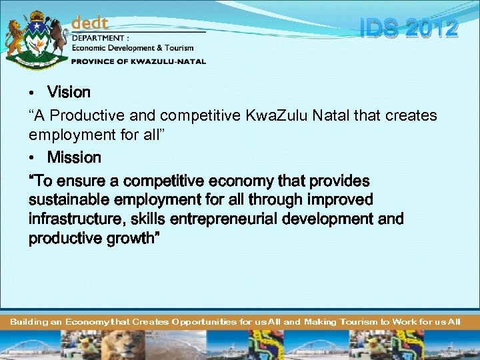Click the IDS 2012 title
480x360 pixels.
pyautogui.click(x=409, y=29)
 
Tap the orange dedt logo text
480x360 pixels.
pyautogui.click(x=90, y=23)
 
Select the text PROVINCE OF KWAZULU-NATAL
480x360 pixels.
pyautogui.click(x=139, y=61)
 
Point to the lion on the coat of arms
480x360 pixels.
pyautogui.click(x=14, y=37)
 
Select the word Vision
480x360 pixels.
pyautogui.click(x=69, y=91)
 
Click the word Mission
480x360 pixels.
pyautogui.click(x=74, y=157)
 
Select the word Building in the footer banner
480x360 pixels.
pyautogui.click(x=29, y=322)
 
